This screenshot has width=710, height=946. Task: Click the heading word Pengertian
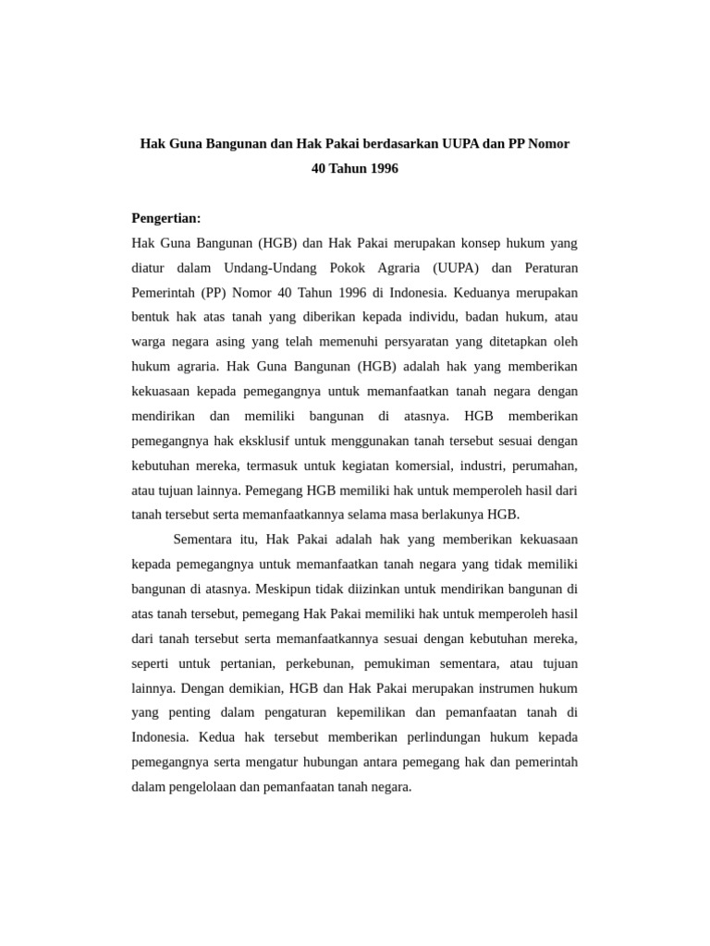click(165, 218)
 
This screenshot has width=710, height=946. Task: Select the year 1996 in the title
click(382, 169)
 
